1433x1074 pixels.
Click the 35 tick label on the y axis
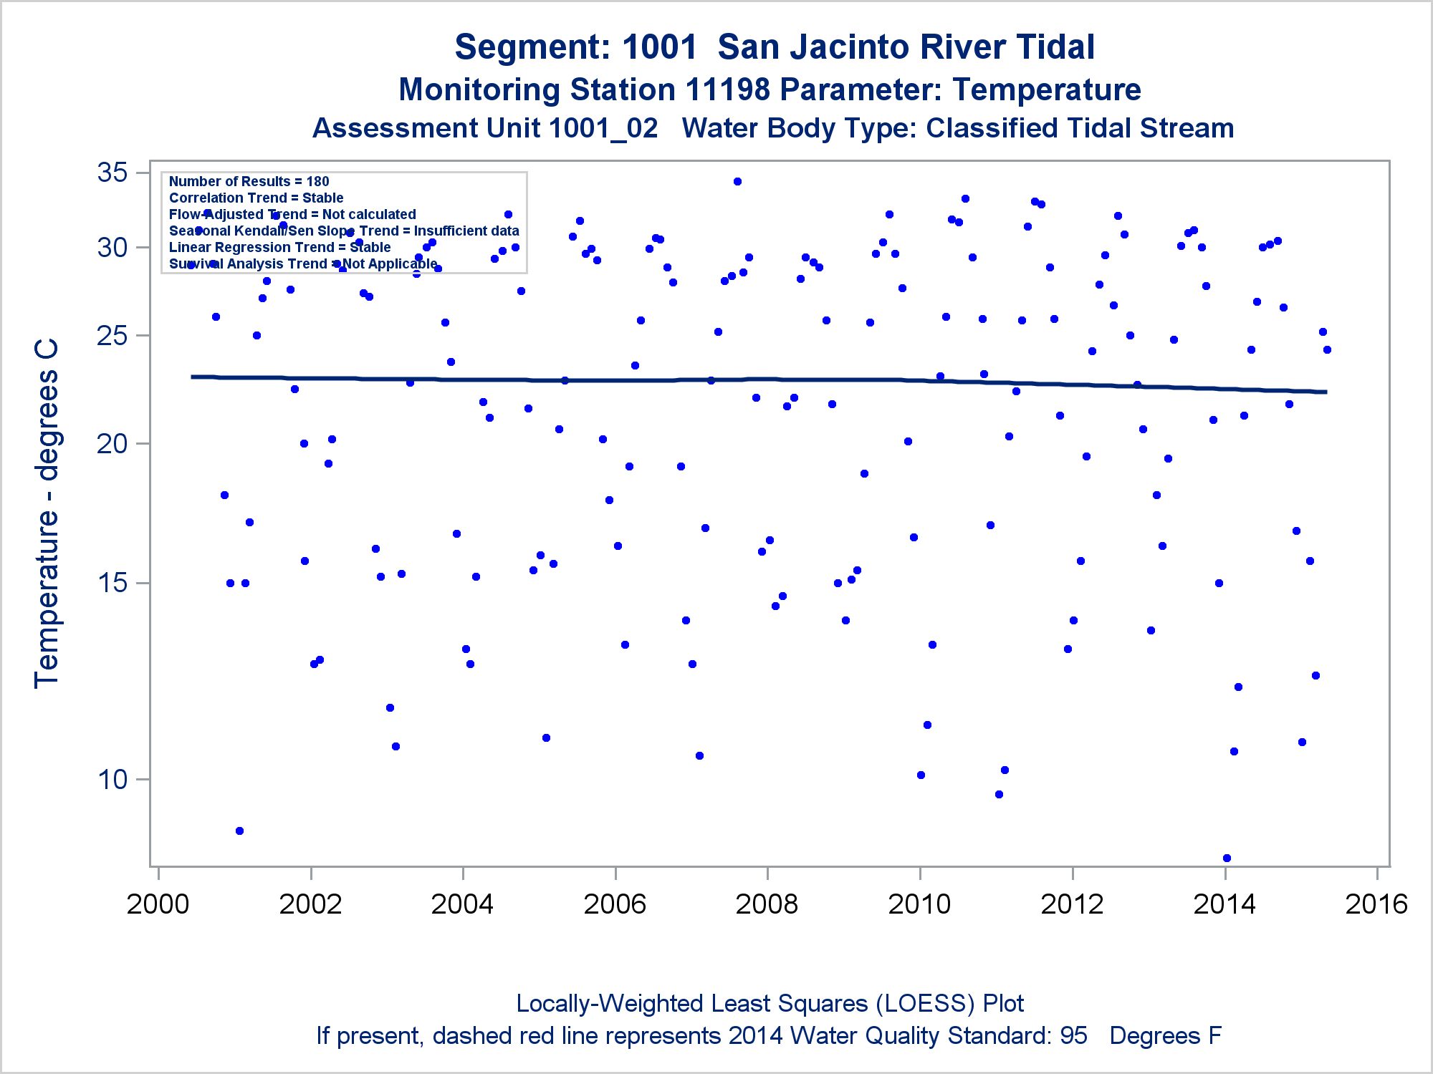click(x=112, y=173)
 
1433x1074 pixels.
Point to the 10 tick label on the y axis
click(x=112, y=779)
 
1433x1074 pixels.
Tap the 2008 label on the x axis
click(x=767, y=904)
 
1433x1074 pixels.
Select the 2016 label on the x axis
click(x=1376, y=904)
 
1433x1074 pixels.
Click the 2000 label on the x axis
click(x=158, y=904)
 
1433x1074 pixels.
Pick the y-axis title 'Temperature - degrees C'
click(x=47, y=514)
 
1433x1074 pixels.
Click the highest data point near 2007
click(x=737, y=182)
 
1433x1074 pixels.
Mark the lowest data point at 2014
click(x=1227, y=858)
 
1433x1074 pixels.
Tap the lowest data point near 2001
click(x=239, y=831)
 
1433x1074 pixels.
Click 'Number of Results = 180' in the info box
click(x=249, y=182)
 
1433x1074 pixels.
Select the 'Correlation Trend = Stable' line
click(x=256, y=198)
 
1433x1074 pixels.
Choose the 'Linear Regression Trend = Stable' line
click(x=279, y=248)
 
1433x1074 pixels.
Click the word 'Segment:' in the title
click(x=532, y=47)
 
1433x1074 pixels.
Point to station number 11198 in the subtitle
click(x=727, y=90)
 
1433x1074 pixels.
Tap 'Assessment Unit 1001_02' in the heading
click(x=485, y=129)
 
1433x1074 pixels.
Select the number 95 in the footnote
click(x=1073, y=1036)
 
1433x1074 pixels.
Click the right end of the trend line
click(x=1326, y=392)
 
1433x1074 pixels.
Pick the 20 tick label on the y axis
click(x=112, y=444)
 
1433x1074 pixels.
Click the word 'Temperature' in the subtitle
click(x=1047, y=90)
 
